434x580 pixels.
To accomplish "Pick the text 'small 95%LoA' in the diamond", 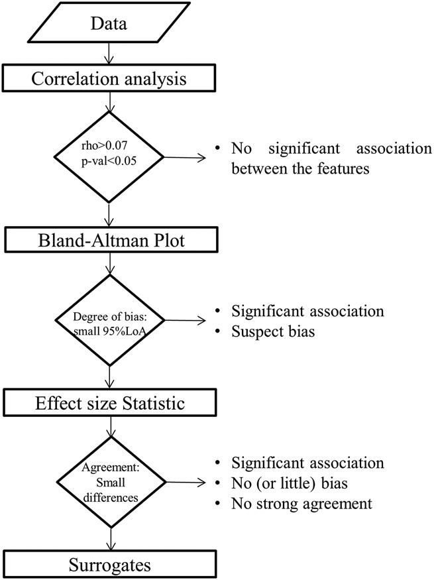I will click(109, 329).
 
